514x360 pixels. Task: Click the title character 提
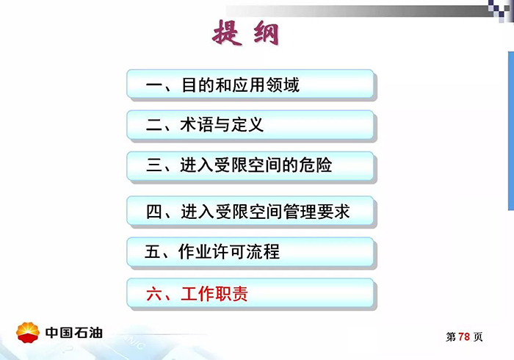pyautogui.click(x=228, y=33)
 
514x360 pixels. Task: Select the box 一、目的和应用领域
pyautogui.click(x=250, y=85)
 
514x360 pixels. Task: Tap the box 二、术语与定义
pyautogui.click(x=250, y=125)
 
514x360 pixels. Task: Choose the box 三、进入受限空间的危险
pyautogui.click(x=250, y=165)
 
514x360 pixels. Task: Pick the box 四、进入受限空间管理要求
pyautogui.click(x=250, y=212)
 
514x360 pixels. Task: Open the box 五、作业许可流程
pyautogui.click(x=250, y=253)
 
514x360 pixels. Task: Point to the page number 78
pyautogui.click(x=463, y=337)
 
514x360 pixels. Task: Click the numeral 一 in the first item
pyautogui.click(x=153, y=86)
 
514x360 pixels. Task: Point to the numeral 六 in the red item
pyautogui.click(x=153, y=295)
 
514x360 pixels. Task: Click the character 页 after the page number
pyautogui.click(x=478, y=337)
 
